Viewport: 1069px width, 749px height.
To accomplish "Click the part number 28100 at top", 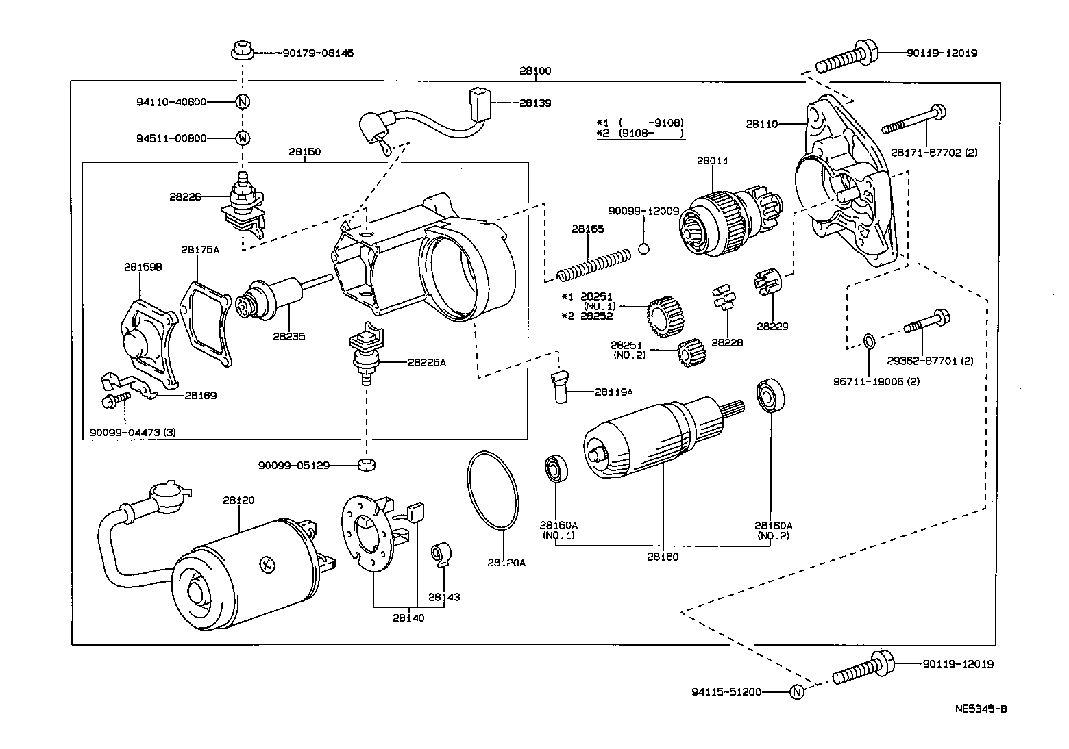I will pyautogui.click(x=534, y=71).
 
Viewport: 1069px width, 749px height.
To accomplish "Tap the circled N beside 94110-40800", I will pyautogui.click(x=243, y=102).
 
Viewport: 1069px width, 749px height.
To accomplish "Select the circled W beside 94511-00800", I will pyautogui.click(x=243, y=138).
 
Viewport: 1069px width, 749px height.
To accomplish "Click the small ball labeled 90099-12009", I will pyautogui.click(x=643, y=248).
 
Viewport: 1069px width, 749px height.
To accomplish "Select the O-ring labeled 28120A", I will pyautogui.click(x=493, y=490).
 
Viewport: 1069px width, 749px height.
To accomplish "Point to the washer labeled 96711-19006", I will pyautogui.click(x=868, y=340).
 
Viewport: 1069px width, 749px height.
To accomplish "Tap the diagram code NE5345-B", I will pyautogui.click(x=981, y=709).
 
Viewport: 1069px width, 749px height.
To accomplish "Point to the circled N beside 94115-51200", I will pyautogui.click(x=796, y=691).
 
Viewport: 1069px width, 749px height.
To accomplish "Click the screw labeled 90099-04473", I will pyautogui.click(x=114, y=401).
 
